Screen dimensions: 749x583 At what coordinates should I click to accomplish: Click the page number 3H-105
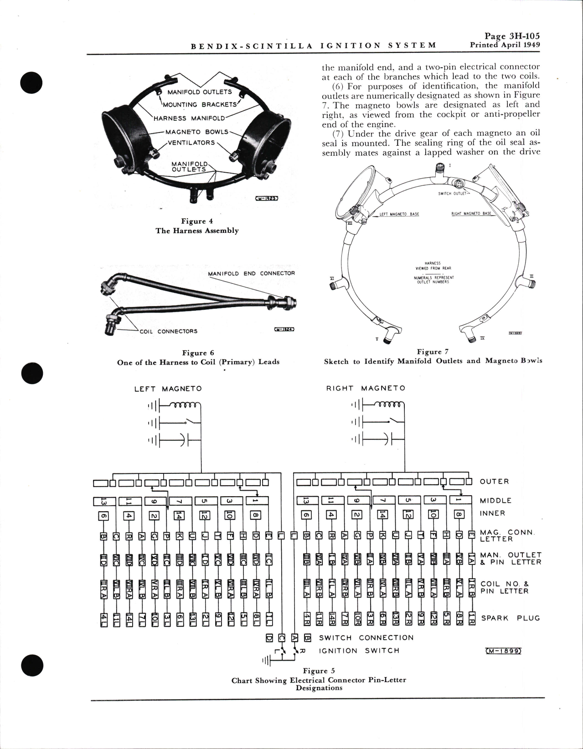[512, 36]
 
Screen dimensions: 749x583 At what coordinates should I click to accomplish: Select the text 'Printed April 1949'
[505, 45]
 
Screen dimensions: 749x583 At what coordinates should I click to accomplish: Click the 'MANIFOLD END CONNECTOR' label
[251, 273]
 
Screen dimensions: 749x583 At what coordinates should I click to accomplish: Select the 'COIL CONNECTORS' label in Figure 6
[168, 331]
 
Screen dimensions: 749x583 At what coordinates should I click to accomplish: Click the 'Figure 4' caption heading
[197, 221]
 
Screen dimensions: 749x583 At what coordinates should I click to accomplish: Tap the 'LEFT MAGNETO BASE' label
[399, 214]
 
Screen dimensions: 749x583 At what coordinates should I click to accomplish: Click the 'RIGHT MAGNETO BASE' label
[471, 214]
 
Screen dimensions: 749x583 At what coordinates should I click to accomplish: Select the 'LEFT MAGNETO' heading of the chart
[168, 389]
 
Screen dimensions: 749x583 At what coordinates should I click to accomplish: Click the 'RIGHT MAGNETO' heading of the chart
[365, 388]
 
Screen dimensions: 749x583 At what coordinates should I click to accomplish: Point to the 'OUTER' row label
[494, 482]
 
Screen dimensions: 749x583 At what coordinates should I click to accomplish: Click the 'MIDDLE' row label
[496, 501]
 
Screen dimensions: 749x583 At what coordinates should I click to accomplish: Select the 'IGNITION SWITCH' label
[359, 651]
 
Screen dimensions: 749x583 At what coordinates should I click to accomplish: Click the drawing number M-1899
[500, 651]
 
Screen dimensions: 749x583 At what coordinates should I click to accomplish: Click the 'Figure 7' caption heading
[433, 352]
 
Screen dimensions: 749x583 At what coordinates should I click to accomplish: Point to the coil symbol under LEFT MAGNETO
[185, 405]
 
